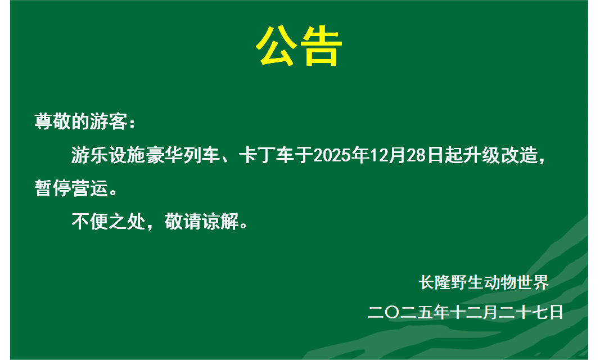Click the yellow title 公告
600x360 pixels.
pos(299,47)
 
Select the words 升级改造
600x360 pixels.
pos(504,155)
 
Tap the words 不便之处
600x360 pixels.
pos(108,222)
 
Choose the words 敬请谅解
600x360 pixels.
pos(201,222)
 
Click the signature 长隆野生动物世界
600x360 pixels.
pos(483,282)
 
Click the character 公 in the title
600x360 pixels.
pos(277,47)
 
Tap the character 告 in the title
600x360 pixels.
pos(321,47)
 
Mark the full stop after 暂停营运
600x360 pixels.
pos(113,192)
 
